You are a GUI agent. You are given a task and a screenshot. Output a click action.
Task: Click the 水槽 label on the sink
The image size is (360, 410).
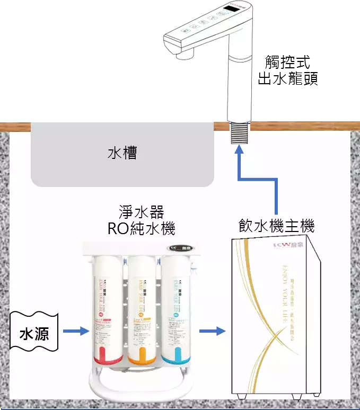coord(122,154)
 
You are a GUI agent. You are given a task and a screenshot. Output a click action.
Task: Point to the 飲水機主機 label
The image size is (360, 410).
coord(276,227)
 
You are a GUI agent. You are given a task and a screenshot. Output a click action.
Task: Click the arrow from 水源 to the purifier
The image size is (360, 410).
coord(76,332)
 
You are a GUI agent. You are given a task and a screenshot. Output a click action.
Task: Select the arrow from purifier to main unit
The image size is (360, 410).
coord(212,332)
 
